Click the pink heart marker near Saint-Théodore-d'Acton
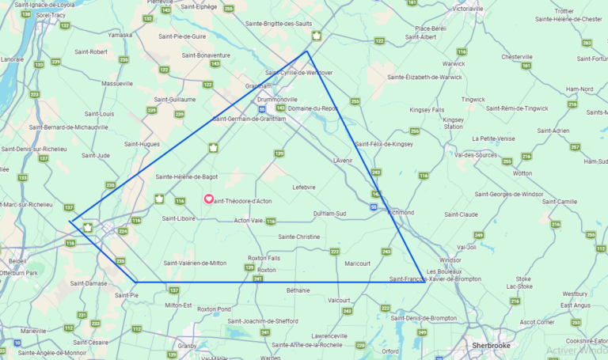click(209, 199)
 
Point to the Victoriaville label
click(473, 9)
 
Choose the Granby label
click(187, 345)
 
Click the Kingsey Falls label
click(427, 109)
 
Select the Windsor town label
click(450, 260)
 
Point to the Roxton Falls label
click(264, 258)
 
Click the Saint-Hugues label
click(143, 144)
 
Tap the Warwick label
click(454, 63)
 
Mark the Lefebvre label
click(304, 187)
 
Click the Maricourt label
click(358, 263)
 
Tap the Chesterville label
click(516, 56)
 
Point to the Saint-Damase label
click(88, 282)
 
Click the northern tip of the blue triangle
click(307, 52)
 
